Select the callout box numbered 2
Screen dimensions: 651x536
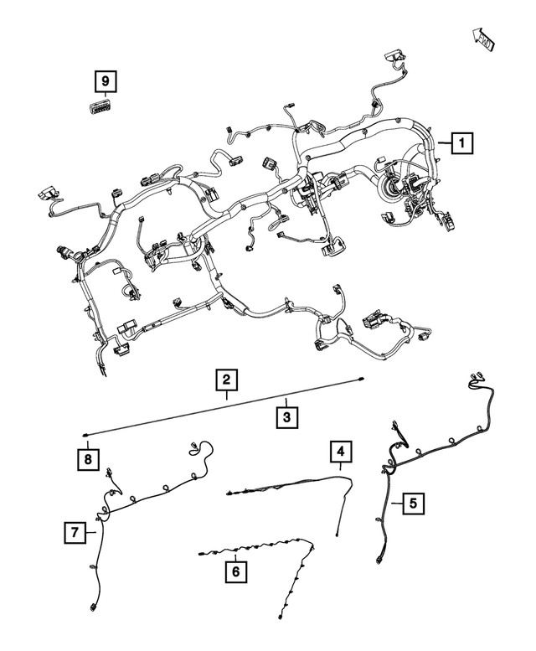click(224, 380)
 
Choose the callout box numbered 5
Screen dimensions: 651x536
click(412, 504)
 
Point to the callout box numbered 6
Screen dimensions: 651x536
click(235, 571)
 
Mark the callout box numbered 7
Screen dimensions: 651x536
click(75, 530)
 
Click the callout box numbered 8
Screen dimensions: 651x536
click(86, 458)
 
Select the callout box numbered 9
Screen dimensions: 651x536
click(104, 81)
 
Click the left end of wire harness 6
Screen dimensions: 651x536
click(199, 553)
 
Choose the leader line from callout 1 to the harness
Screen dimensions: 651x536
click(441, 144)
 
